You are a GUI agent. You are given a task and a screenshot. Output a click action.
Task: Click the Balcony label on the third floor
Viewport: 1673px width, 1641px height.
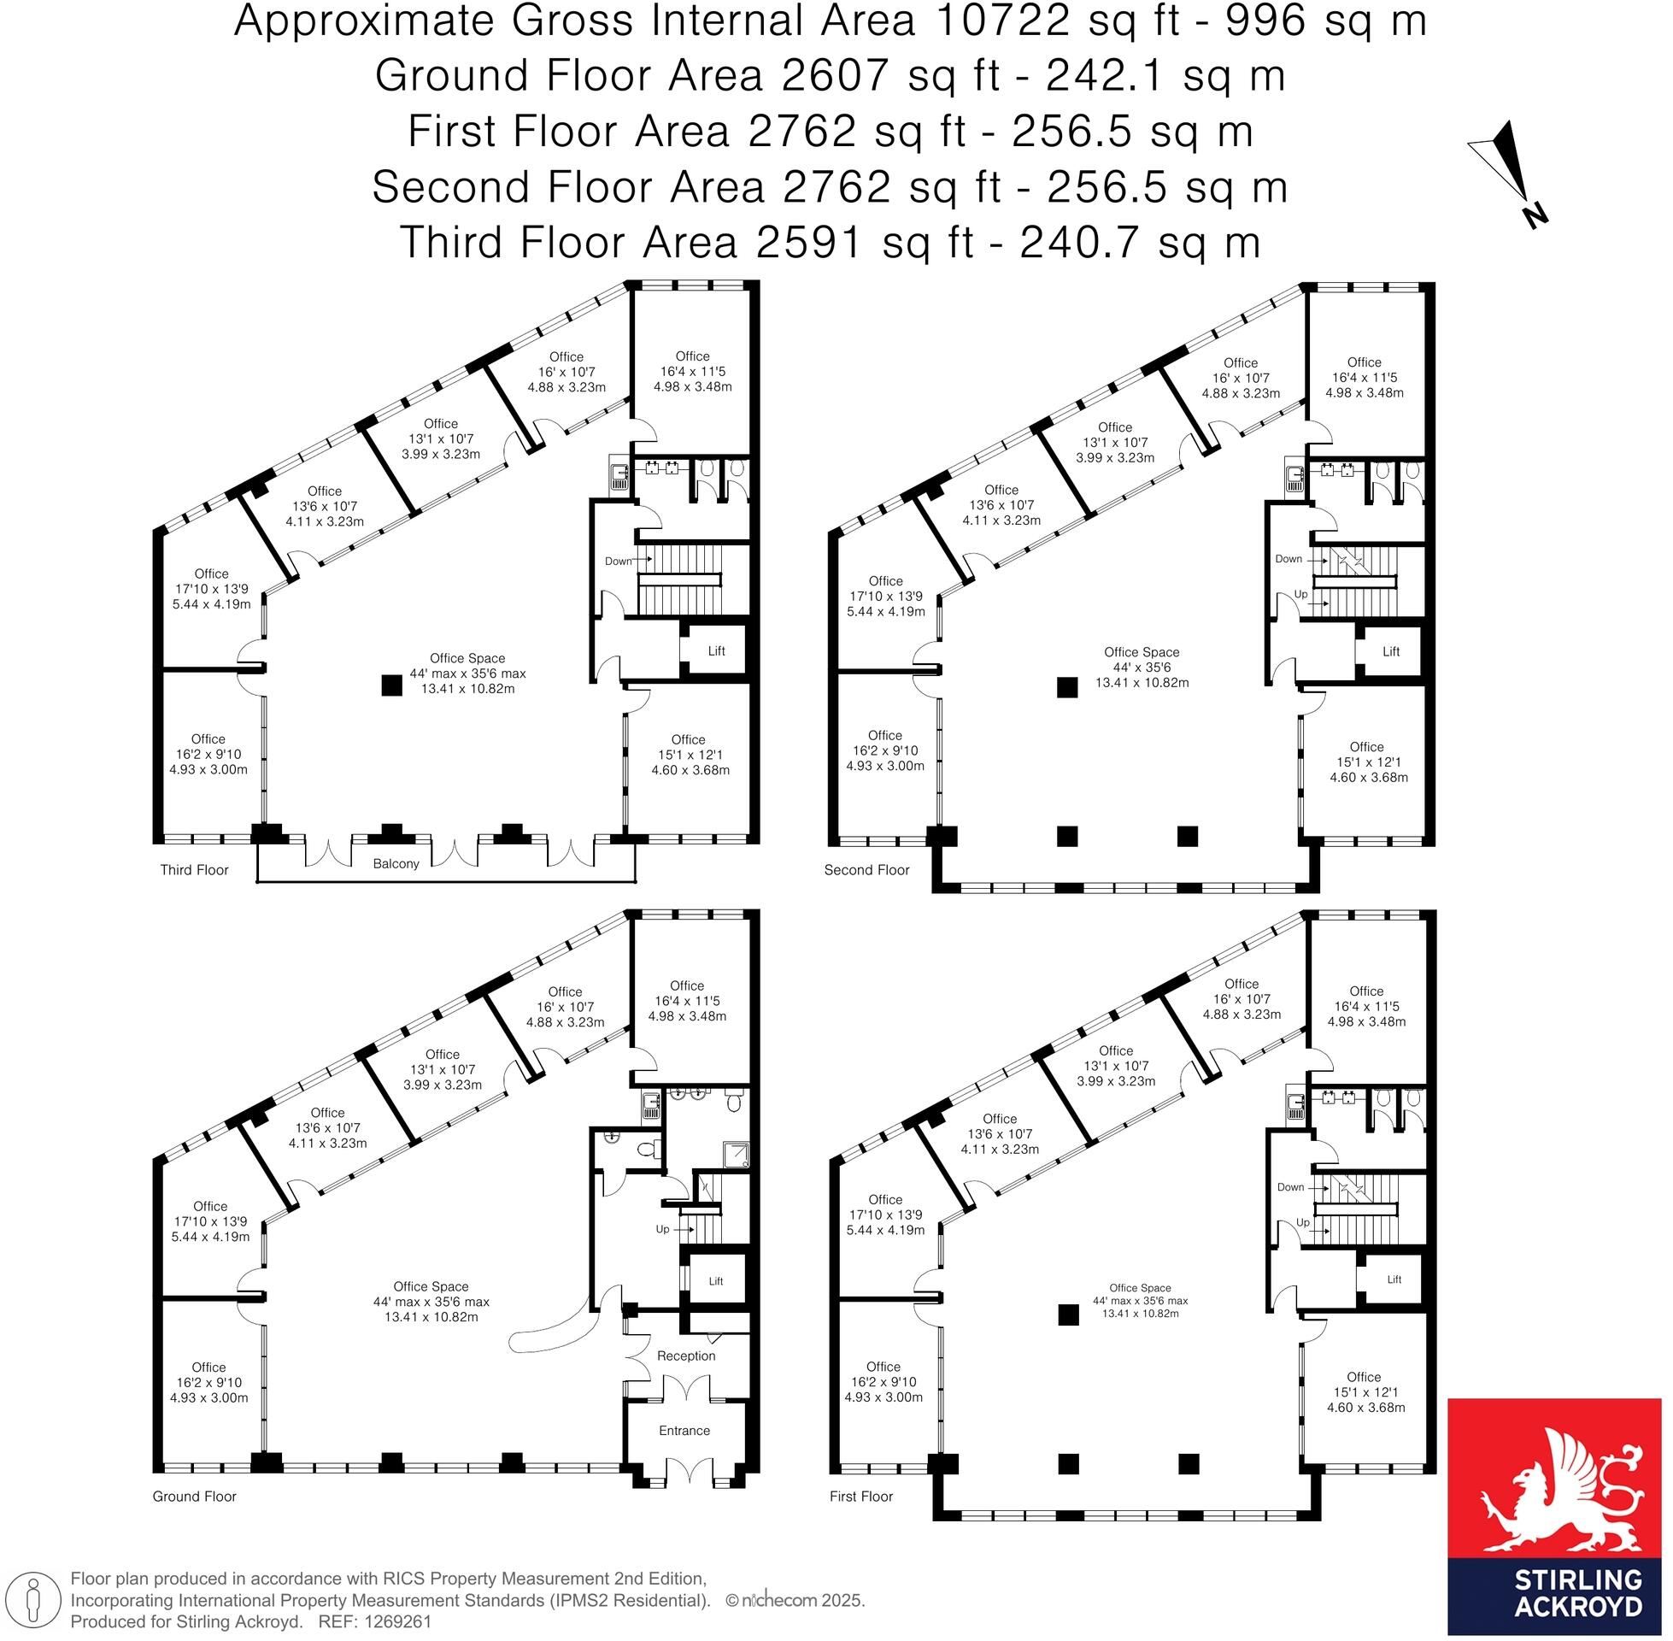tap(396, 863)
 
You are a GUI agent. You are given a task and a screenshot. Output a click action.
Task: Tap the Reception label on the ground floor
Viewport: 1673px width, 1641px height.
tap(686, 1356)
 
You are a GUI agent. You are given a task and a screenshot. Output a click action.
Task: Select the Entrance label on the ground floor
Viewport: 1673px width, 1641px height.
tap(684, 1431)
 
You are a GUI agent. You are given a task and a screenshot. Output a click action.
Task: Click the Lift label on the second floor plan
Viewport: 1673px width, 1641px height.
tap(1390, 651)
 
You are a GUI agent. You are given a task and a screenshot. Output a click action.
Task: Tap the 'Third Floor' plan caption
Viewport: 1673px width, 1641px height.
tap(194, 869)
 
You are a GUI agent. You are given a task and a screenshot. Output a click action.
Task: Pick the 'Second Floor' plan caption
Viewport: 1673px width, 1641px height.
tap(866, 869)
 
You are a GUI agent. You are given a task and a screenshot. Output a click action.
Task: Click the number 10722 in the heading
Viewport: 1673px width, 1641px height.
tap(1001, 21)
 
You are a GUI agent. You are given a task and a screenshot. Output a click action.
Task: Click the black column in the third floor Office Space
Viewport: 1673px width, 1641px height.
tap(392, 685)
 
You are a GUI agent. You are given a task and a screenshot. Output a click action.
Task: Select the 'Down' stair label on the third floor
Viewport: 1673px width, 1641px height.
tap(618, 561)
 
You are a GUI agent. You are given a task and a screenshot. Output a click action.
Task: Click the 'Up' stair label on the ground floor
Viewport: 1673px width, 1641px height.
tap(661, 1229)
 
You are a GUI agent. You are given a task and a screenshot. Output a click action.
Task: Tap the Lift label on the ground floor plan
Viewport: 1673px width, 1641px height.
tap(716, 1281)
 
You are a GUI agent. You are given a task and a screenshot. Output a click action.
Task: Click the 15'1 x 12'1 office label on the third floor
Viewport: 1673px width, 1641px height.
tap(690, 754)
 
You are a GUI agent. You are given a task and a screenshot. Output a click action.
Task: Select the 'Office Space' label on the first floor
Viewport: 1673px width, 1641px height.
tap(1140, 1288)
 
